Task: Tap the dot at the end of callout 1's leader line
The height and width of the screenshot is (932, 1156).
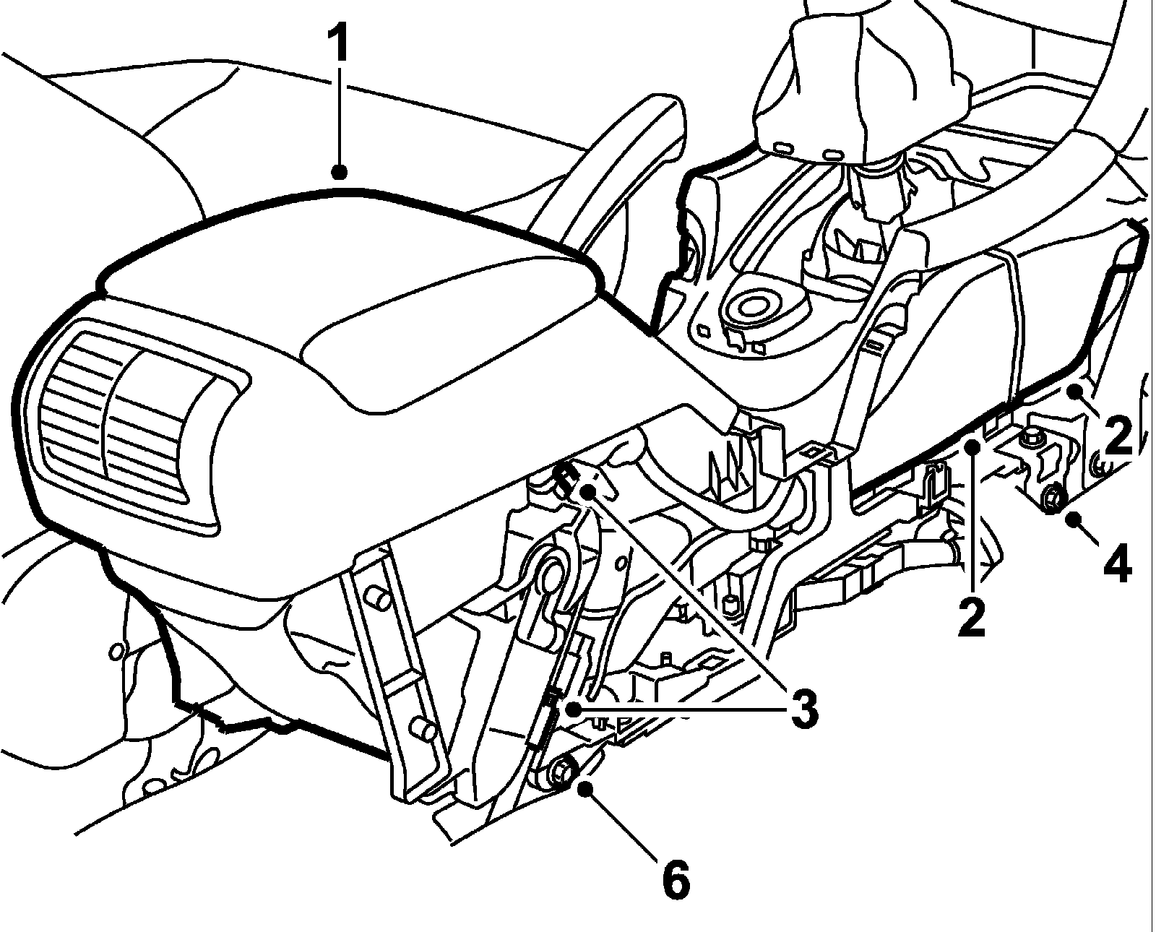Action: click(339, 172)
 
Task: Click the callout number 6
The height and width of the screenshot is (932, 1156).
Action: click(676, 879)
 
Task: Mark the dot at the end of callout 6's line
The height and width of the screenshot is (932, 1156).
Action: click(585, 788)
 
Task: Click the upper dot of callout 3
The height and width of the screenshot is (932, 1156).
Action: click(589, 492)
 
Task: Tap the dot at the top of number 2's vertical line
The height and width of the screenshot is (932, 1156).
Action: click(973, 447)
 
